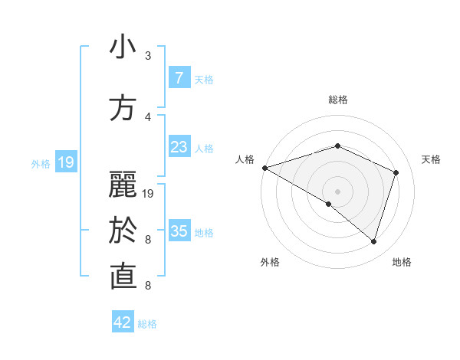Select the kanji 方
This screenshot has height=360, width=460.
click(123, 107)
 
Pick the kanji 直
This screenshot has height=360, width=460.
click(123, 277)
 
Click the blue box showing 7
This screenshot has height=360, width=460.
click(179, 78)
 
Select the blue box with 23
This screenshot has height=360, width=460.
click(179, 147)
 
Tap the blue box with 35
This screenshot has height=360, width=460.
click(179, 231)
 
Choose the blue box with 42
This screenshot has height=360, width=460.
click(123, 322)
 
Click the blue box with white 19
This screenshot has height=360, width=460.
click(65, 162)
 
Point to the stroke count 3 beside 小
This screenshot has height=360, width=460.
click(148, 56)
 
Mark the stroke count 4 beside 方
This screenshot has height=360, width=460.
click(148, 116)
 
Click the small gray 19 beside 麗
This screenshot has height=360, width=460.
click(149, 193)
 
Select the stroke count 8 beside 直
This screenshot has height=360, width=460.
click(148, 286)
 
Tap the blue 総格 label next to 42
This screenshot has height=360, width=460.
click(147, 324)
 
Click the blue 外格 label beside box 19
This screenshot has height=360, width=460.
click(41, 163)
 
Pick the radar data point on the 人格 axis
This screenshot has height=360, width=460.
click(264, 168)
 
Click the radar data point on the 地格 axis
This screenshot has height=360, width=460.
click(374, 241)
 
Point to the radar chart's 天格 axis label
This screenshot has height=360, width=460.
click(432, 159)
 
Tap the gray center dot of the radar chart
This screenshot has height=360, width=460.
click(337, 191)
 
